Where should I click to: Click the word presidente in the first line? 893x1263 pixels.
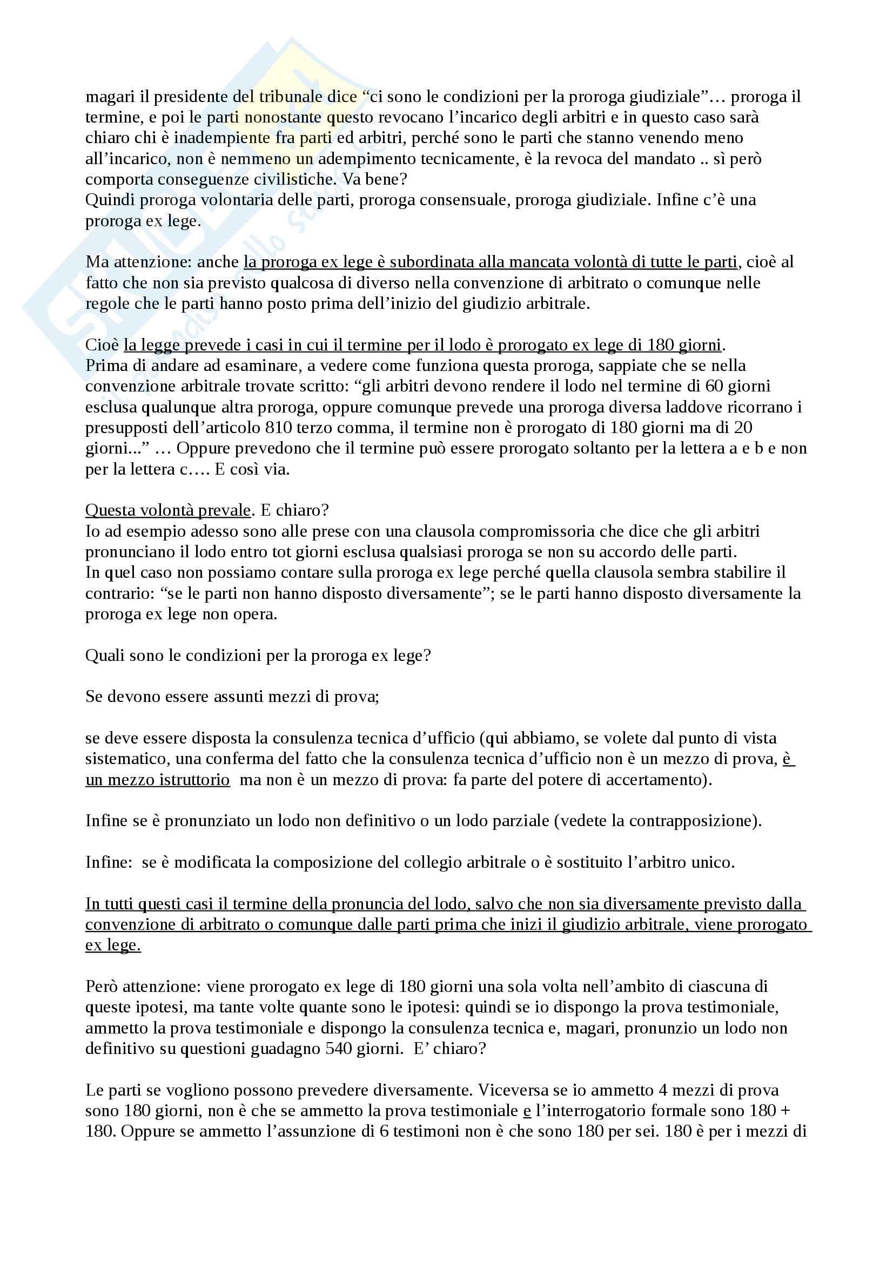click(187, 97)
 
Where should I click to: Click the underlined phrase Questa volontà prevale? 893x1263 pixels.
click(168, 510)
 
